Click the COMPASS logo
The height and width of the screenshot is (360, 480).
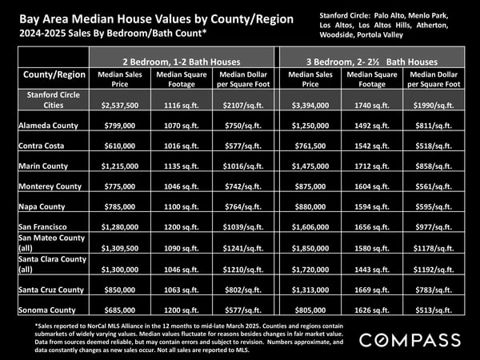point(410,341)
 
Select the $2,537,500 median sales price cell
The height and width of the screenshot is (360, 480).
point(120,106)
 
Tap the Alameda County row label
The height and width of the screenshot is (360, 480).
point(48,126)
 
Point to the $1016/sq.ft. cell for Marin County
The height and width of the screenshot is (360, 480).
point(243,166)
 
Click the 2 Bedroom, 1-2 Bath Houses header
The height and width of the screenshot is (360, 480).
point(182,62)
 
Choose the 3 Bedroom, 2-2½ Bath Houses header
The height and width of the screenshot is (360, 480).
point(372,62)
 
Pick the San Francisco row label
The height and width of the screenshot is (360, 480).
point(42,227)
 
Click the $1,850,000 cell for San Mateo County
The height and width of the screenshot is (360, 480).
point(310,248)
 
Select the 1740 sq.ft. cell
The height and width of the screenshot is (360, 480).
point(372,106)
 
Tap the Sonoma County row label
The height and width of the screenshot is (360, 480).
point(47,310)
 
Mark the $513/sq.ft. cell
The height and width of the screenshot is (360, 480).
point(434,310)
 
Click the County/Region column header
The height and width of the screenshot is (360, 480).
point(54,74)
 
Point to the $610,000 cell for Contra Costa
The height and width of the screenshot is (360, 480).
point(120,146)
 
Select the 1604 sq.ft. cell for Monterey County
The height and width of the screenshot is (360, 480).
point(372,186)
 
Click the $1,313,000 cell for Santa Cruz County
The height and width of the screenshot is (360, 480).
point(310,290)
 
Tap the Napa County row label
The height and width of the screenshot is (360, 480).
point(42,206)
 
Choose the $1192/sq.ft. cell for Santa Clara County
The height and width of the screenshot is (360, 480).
point(434,270)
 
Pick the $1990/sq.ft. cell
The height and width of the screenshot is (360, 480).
point(434,106)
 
